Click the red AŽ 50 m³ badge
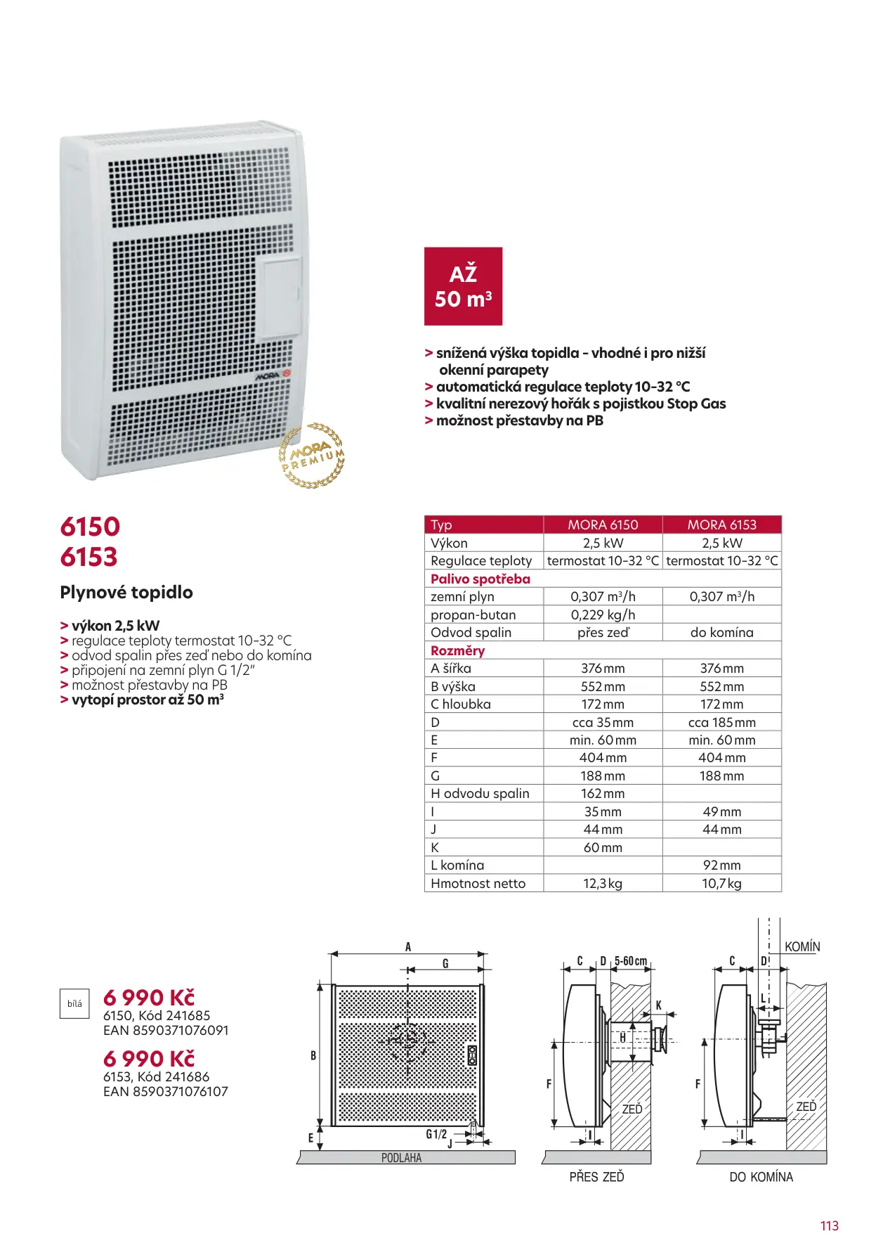[x=463, y=286]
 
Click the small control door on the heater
[x=281, y=298]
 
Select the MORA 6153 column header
[x=721, y=524]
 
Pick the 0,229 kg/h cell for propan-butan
[x=603, y=614]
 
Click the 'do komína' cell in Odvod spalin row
[x=721, y=632]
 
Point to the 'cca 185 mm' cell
[x=721, y=722]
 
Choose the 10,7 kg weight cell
[x=721, y=883]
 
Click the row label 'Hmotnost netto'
[x=478, y=883]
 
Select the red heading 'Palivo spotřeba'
[x=480, y=579]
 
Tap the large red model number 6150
[x=90, y=527]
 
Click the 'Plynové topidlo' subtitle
[x=126, y=592]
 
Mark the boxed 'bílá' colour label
[x=74, y=1003]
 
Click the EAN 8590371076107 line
[x=166, y=1092]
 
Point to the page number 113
[x=829, y=1225]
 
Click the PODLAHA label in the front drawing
[x=401, y=1158]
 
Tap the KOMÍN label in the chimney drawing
[x=802, y=947]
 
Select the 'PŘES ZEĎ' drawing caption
[x=596, y=1177]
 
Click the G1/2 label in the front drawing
[x=436, y=1134]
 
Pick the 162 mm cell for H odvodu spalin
[x=603, y=794]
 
